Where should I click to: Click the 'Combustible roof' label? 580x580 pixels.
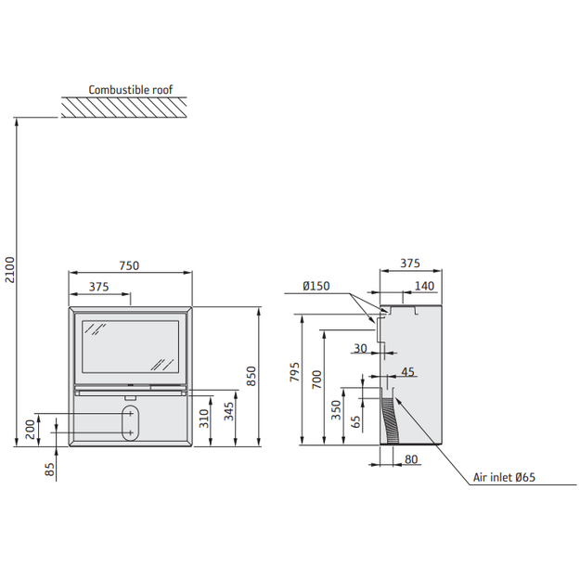[131, 90]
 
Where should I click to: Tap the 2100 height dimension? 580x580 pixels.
[10, 270]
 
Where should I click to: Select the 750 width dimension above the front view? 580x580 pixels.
[129, 265]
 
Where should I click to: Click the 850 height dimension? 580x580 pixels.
[251, 376]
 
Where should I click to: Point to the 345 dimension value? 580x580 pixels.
[229, 411]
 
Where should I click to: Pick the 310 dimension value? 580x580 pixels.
[204, 418]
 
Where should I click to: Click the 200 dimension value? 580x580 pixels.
[31, 429]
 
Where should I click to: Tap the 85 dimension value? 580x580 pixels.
[49, 470]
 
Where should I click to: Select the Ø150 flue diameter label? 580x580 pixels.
[316, 286]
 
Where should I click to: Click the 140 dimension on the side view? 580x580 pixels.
[424, 286]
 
